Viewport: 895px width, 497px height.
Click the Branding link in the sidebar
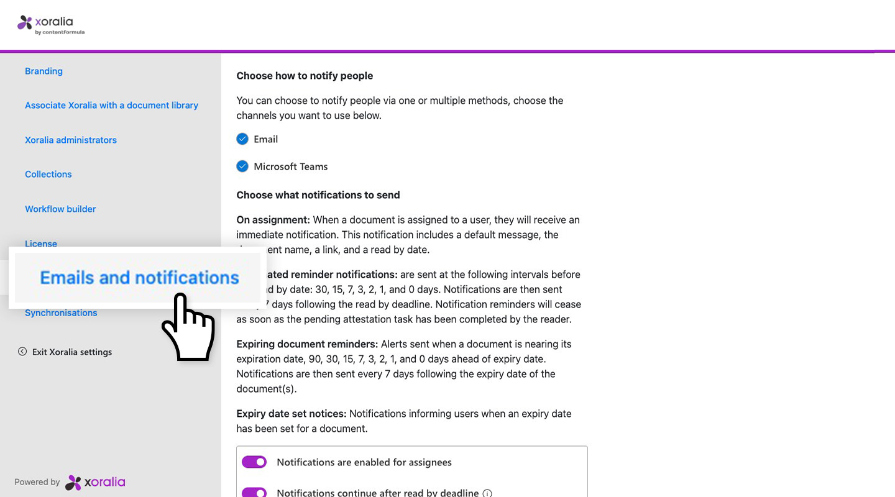[x=44, y=71]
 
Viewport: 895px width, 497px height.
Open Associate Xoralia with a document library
[x=111, y=105]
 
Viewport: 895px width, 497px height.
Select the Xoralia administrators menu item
[x=71, y=140]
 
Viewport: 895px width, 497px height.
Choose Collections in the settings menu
[x=48, y=174]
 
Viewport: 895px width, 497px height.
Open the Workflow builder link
[x=60, y=209]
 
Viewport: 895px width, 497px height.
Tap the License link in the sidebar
[x=41, y=243]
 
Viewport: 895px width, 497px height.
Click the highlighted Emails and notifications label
[x=139, y=277]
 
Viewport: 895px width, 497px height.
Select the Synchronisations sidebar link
[x=61, y=312]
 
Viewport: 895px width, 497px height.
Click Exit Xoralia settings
[x=72, y=352]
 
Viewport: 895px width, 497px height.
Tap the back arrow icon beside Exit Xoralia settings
[x=22, y=352]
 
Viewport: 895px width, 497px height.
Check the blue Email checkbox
[x=242, y=139]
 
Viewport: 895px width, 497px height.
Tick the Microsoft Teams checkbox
[x=242, y=166]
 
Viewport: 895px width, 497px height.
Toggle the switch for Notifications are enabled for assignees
[x=254, y=462]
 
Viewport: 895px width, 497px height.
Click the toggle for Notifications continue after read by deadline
[x=254, y=493]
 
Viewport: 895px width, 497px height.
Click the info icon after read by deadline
[x=487, y=493]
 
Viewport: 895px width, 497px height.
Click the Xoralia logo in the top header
[x=51, y=24]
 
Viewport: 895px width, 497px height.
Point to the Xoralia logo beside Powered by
[x=95, y=482]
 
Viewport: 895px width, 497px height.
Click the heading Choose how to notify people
[x=305, y=76]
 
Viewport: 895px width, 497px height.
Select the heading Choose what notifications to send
[x=318, y=195]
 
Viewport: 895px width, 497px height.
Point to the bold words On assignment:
[x=273, y=220]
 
